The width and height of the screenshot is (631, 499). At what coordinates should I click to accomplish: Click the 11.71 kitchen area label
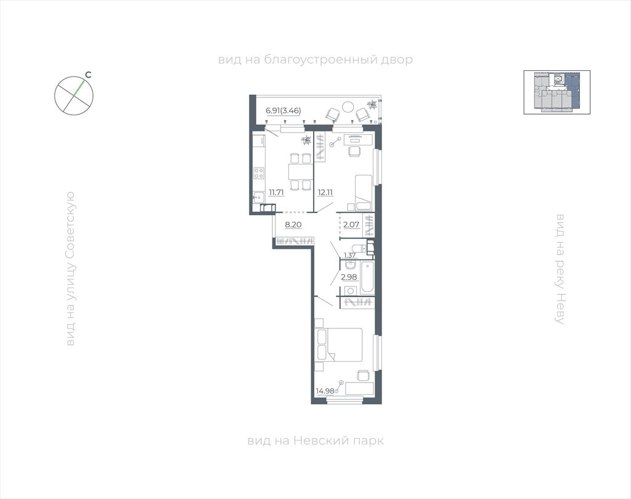coord(277,192)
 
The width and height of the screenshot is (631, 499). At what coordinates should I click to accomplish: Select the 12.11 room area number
coord(325,192)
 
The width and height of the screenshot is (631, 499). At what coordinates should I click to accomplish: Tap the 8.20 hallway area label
coord(293,224)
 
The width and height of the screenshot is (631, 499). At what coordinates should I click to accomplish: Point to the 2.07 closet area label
coord(351,224)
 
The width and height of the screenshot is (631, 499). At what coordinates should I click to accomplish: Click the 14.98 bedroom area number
coord(325,391)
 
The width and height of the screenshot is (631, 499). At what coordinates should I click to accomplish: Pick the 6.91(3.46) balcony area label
coord(283,110)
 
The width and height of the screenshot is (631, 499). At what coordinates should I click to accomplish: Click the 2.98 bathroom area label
coord(349,277)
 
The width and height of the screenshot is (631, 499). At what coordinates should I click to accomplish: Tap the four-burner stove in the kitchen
coord(259,173)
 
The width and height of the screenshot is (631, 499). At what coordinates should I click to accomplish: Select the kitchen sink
coord(258,197)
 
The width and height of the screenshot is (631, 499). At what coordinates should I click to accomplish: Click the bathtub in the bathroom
coord(368,277)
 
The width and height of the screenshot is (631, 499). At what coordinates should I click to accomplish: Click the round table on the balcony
coord(348,106)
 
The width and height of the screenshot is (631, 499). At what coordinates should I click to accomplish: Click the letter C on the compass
coord(89,75)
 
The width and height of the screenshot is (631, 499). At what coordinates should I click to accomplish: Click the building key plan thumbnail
coord(557,92)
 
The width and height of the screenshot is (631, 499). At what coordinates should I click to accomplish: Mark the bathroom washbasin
coord(349,265)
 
